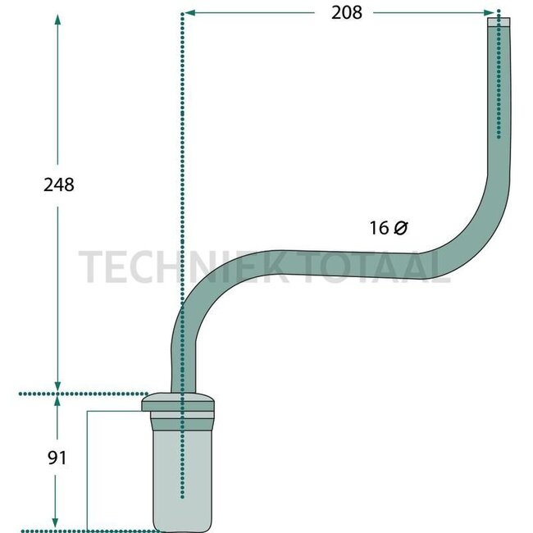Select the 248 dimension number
58,184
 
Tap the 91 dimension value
56,457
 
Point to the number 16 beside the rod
378,229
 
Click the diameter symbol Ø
400,229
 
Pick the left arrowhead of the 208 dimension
188,13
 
